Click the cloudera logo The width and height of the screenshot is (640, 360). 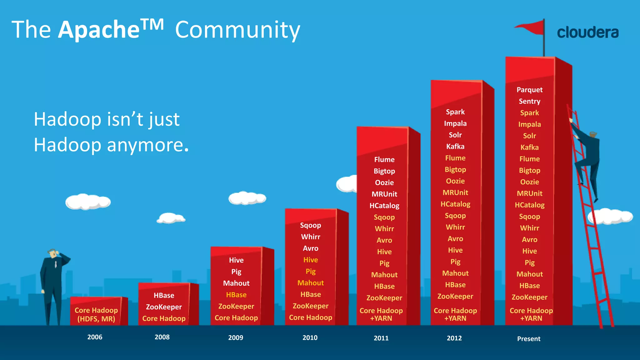[x=587, y=32]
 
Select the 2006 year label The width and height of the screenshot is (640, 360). [x=95, y=337]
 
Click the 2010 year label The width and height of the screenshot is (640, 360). [x=310, y=337]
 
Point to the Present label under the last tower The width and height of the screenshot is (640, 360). [x=528, y=339]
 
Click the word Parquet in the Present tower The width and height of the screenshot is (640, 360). [x=529, y=90]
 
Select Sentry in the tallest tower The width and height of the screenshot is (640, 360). [x=529, y=101]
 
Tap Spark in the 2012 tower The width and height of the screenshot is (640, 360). [x=455, y=112]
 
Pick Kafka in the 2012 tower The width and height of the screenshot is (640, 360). [x=455, y=147]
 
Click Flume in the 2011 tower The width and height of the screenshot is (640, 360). [x=384, y=160]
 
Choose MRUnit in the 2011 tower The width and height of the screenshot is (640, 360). [x=384, y=194]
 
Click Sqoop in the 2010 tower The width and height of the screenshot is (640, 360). [x=310, y=225]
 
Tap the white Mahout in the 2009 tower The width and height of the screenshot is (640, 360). [x=236, y=283]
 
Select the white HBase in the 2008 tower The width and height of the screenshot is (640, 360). [x=164, y=295]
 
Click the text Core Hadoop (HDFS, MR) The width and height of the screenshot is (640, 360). [x=96, y=314]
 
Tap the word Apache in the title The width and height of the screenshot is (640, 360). [x=99, y=30]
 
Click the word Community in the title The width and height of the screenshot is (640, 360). [x=237, y=30]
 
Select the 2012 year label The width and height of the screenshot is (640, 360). [x=454, y=338]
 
